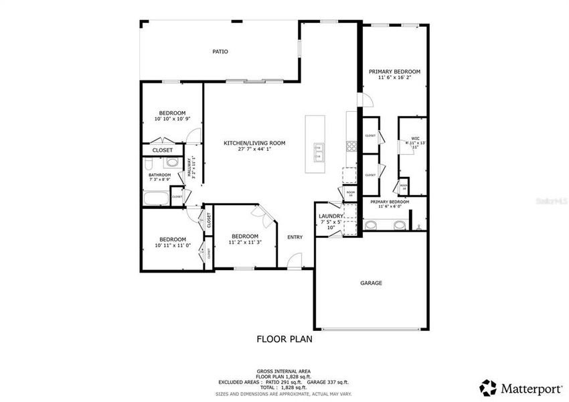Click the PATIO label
220,51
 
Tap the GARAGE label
371,283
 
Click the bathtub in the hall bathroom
156,197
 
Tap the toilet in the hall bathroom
171,163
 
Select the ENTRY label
295,237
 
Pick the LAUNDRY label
331,216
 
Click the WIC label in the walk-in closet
415,139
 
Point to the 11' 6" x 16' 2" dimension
394,78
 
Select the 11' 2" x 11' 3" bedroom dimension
244,242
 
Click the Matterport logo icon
488,387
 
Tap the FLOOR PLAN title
284,339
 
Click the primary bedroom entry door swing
365,100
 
